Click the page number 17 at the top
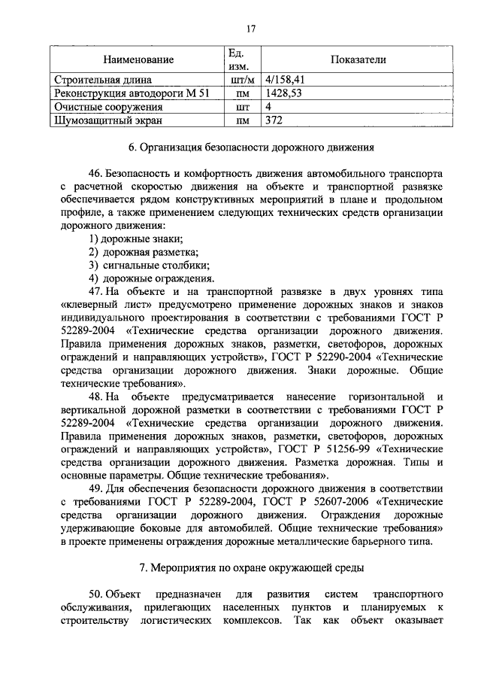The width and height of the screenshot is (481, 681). point(251,29)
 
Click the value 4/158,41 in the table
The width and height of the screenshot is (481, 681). point(285,79)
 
